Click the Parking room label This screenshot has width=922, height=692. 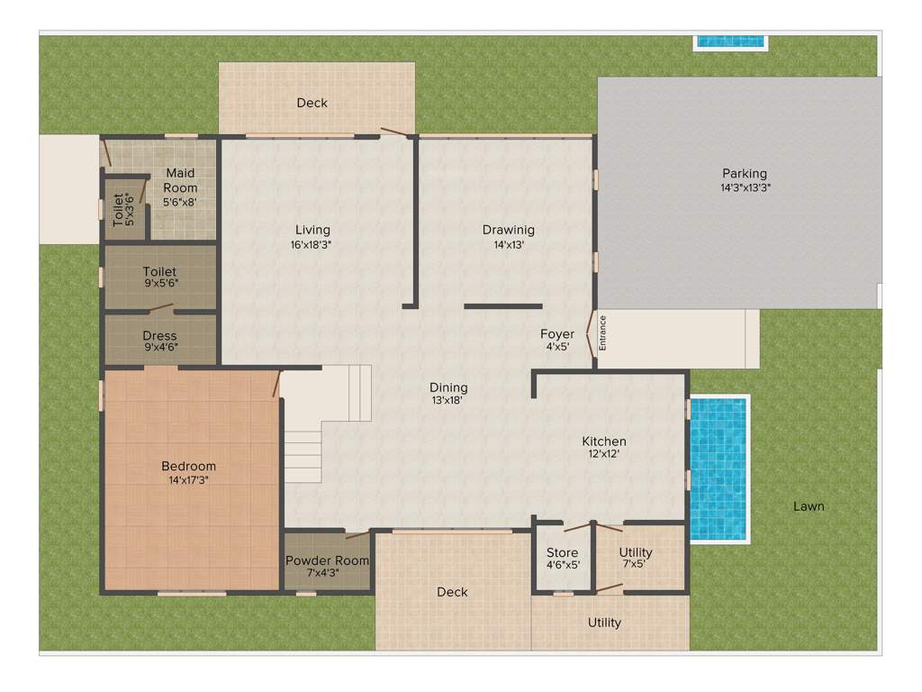tap(744, 173)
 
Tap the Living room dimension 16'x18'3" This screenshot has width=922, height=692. tap(311, 244)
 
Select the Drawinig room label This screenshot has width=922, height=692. tap(508, 229)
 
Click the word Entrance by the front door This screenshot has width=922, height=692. tap(603, 332)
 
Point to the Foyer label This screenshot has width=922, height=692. tap(556, 333)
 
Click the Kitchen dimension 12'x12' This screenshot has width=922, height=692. tap(603, 454)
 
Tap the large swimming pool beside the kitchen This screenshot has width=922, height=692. tap(719, 468)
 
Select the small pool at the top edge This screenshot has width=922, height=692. tap(730, 41)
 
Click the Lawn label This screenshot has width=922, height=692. tap(808, 506)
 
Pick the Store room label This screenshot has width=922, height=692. tap(562, 552)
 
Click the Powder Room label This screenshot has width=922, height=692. tap(327, 560)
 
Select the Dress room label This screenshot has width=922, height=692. tap(159, 335)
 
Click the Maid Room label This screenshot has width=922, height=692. tap(180, 180)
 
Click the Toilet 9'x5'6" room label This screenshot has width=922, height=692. tap(159, 271)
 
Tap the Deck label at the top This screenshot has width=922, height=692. tap(312, 103)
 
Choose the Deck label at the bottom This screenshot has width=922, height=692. tap(452, 592)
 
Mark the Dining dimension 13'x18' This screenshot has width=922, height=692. tap(448, 400)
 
